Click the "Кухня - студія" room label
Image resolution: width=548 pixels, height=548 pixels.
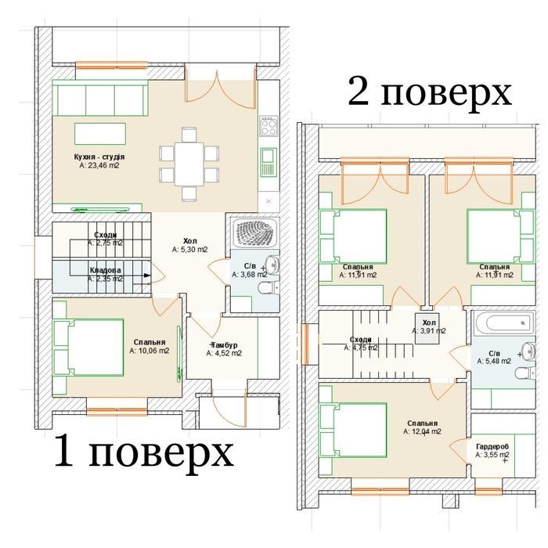(99, 157)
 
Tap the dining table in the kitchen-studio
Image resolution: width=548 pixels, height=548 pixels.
(189, 164)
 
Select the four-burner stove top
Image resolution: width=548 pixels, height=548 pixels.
(269, 126)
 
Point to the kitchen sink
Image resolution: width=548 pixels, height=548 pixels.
(269, 161)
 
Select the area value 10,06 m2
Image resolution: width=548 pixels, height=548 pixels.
(150, 351)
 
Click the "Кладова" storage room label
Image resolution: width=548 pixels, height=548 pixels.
(105, 270)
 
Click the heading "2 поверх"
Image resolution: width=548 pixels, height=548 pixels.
(429, 92)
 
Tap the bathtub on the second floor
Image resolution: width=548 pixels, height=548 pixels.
(503, 323)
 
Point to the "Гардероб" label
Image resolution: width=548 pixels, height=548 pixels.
(492, 447)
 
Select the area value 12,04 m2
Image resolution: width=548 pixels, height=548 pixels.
(422, 431)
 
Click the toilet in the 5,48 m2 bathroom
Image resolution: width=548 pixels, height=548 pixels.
(525, 373)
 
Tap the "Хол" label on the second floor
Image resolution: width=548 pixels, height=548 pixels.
(429, 323)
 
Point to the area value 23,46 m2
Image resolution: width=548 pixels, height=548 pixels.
(99, 165)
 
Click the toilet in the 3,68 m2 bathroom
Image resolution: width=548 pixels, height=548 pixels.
(269, 287)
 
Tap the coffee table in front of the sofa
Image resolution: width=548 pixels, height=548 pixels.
(100, 134)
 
